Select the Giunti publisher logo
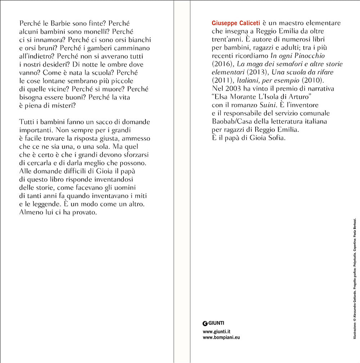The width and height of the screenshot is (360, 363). [213, 323]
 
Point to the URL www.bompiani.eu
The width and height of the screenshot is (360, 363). [221, 338]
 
